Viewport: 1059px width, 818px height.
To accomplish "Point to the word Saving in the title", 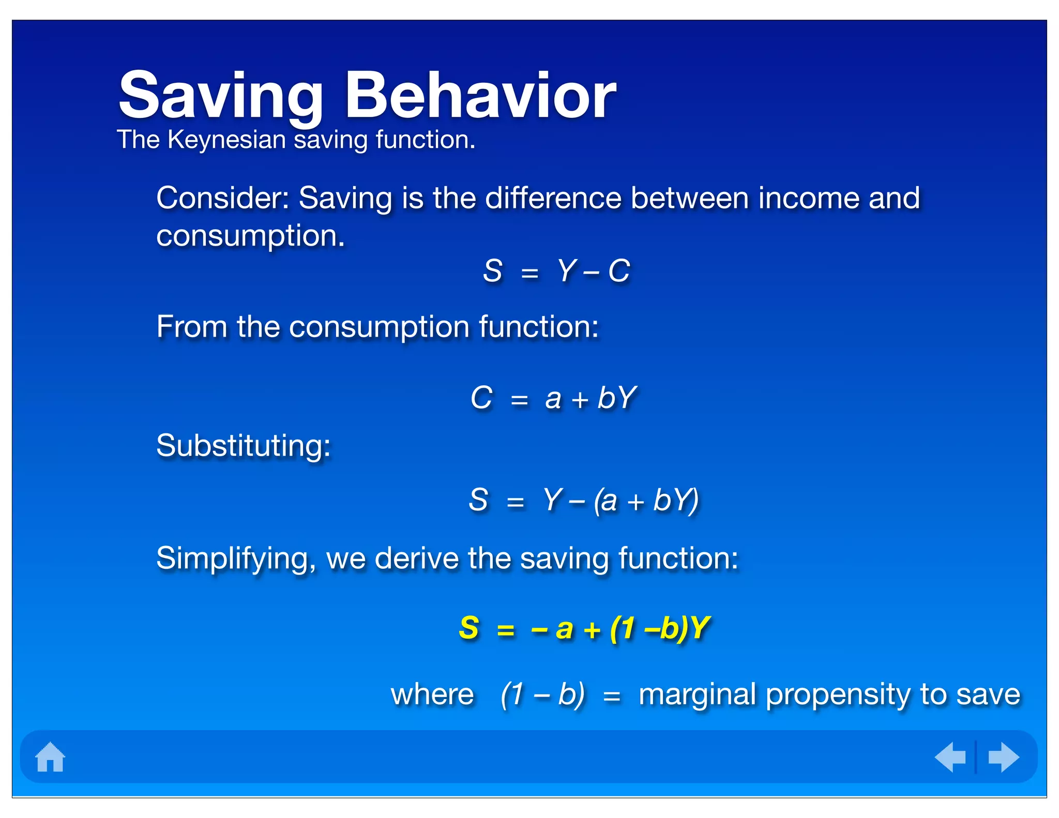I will tap(221, 97).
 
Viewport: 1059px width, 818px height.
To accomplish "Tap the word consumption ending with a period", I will tap(250, 237).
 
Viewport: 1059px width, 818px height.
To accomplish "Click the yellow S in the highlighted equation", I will tap(469, 628).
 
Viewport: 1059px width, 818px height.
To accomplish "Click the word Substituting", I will tap(243, 446).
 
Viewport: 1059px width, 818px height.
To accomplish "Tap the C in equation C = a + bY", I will tap(481, 398).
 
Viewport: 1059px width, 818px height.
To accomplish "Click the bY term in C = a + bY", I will tap(616, 398).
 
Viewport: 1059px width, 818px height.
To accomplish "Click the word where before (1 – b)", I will tap(432, 694).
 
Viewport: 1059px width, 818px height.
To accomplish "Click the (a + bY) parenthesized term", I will tap(646, 501).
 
